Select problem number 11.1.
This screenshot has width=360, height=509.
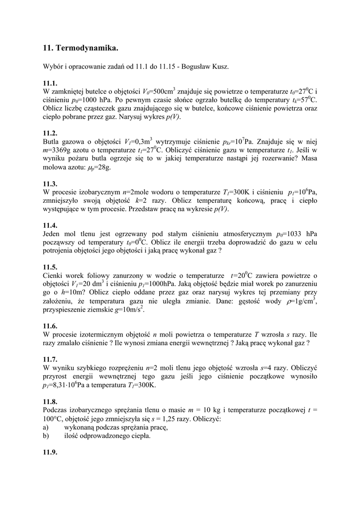(x=50, y=83)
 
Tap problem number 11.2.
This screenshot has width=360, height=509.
(x=50, y=133)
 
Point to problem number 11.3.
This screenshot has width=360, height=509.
(x=50, y=183)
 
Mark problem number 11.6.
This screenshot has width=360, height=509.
(x=50, y=326)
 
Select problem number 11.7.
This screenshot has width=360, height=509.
(x=50, y=359)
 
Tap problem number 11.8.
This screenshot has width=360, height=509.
(x=50, y=402)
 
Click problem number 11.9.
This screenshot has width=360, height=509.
(x=50, y=452)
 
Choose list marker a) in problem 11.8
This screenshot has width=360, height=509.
(x=46, y=427)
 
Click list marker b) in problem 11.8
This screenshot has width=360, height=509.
(x=46, y=435)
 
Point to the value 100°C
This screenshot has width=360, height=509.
(x=53, y=419)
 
